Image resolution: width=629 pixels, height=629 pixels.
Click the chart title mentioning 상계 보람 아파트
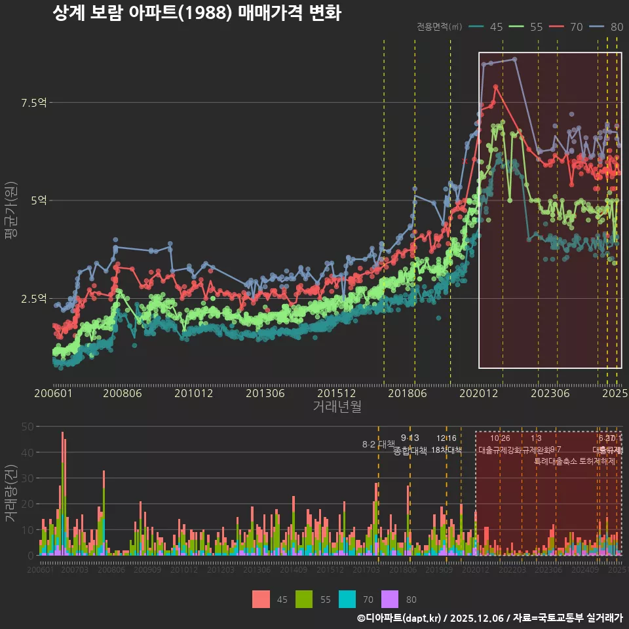pos(196,13)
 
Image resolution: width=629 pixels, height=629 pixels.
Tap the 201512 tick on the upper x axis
pos(336,394)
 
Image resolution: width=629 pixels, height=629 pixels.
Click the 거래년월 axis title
pos(337,406)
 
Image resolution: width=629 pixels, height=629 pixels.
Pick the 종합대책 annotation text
pos(410,451)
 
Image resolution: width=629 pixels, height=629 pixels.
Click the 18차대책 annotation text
pos(446,450)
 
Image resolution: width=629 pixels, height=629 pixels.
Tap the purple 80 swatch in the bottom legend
pos(390,599)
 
